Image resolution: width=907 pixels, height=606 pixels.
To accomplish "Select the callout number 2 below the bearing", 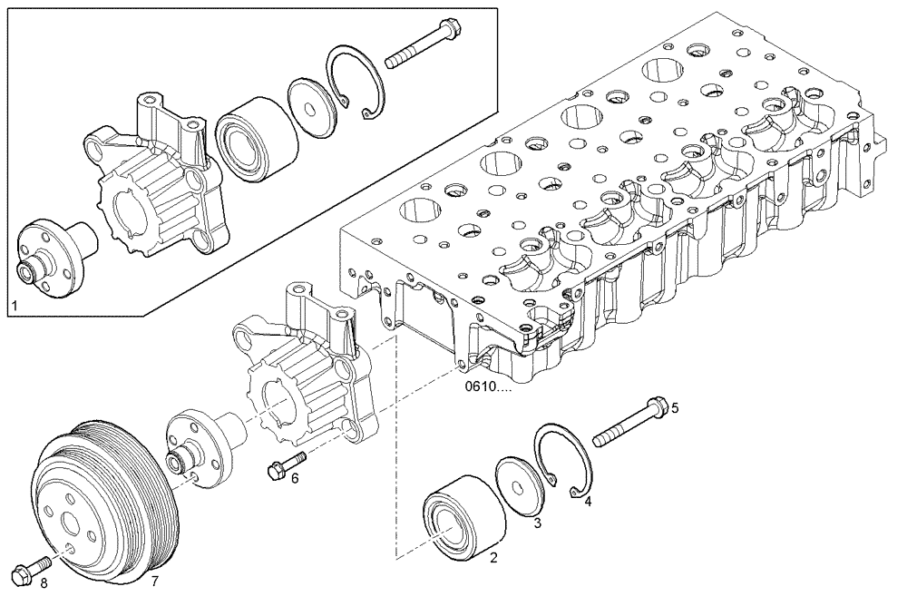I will [494, 559].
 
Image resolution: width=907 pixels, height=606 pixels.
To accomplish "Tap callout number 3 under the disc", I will [537, 523].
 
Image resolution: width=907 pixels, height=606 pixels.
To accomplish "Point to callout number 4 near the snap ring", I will [588, 500].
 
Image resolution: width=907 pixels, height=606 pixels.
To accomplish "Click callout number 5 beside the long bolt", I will [674, 407].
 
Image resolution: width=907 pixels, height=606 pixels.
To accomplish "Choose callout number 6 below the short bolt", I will [294, 478].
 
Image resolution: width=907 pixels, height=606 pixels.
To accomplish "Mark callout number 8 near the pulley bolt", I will [43, 582].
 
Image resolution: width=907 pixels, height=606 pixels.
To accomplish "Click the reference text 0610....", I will [488, 386].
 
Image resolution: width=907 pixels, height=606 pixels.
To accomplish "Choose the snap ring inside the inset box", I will [354, 81].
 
